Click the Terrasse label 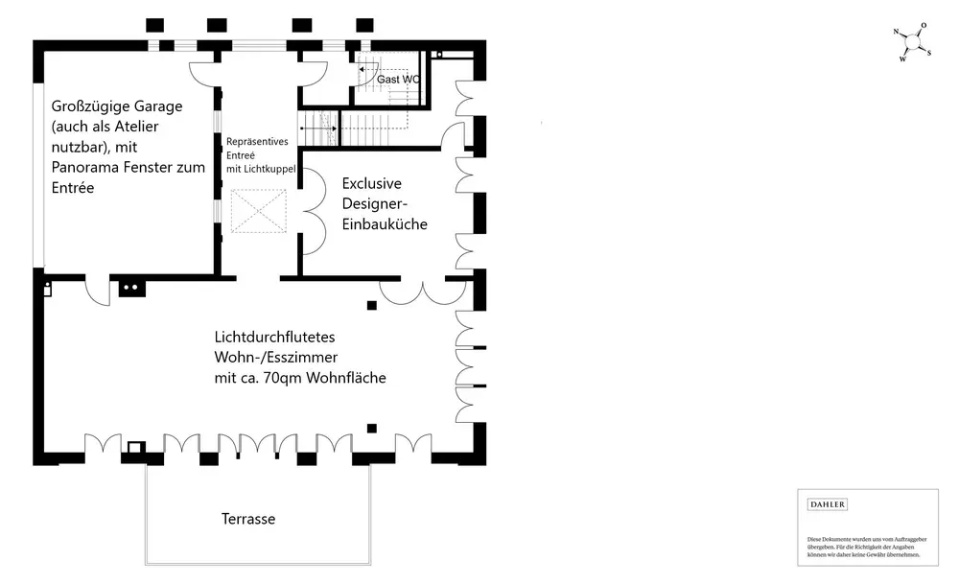click(x=247, y=519)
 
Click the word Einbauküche click(x=384, y=223)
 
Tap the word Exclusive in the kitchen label click(x=371, y=182)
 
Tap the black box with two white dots click(x=130, y=287)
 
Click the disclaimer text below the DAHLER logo click(x=864, y=547)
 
